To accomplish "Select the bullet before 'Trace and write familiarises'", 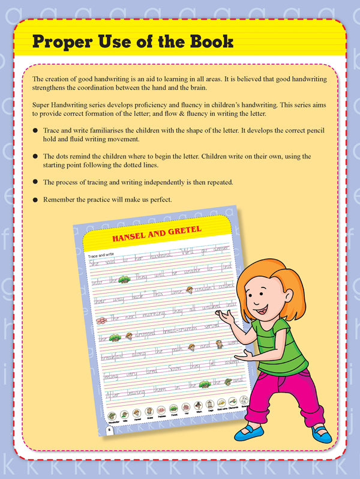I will click(36, 130).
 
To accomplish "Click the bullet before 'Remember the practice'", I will click(36, 199).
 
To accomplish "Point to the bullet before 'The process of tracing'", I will click(36, 181).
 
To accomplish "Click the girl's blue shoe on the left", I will click(247, 431).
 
